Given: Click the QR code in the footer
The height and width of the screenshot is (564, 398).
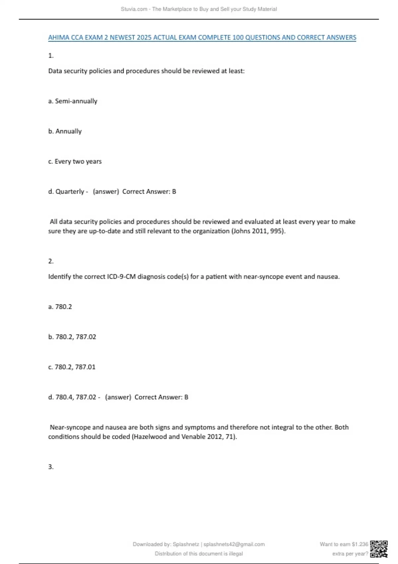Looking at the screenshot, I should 379,549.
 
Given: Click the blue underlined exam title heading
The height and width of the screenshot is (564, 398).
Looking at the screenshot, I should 202,37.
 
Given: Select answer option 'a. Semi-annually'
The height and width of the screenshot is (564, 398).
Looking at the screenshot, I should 73,101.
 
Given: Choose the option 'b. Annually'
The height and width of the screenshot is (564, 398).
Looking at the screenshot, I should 65,131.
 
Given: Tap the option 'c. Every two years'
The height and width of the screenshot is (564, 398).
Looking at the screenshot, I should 75,162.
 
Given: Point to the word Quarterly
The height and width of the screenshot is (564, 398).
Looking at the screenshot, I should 70,192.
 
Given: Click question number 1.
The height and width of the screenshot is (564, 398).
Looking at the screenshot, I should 51,56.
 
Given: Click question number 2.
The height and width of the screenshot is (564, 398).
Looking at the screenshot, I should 51,261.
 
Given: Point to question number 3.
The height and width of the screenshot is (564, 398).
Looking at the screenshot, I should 51,467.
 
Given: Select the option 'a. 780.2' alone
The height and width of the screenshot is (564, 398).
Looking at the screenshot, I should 60,307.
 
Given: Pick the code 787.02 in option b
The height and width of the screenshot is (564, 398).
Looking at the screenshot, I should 86,337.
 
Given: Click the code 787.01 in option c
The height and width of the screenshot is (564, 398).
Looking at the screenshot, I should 85,367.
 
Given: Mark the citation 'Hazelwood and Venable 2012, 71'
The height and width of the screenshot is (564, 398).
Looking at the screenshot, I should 184,437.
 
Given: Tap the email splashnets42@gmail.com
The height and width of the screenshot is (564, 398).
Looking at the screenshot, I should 234,544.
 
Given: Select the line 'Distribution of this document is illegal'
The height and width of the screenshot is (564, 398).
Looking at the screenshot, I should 199,554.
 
